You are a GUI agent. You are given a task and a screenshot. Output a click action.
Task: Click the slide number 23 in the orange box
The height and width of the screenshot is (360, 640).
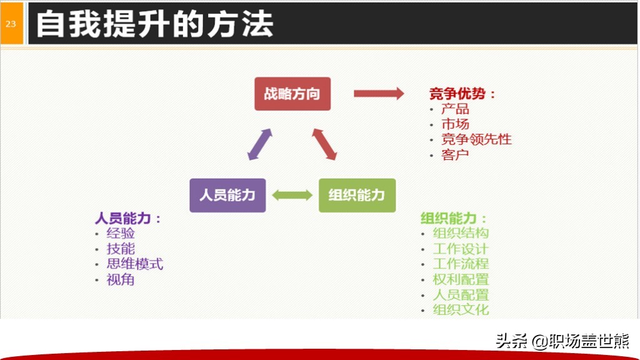click(11, 24)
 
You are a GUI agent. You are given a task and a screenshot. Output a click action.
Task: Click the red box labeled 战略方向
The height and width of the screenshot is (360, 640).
click(292, 94)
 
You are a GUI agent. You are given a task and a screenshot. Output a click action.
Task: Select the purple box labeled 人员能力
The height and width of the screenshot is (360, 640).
click(227, 195)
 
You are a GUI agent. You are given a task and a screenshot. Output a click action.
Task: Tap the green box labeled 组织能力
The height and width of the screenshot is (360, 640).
click(357, 195)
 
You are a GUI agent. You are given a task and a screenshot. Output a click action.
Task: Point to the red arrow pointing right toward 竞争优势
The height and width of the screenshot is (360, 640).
click(379, 94)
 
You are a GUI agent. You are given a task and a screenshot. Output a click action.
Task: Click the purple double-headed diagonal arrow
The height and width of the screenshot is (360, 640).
click(259, 144)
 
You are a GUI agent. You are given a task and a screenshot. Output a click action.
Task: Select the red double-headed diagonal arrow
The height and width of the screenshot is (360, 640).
click(324, 144)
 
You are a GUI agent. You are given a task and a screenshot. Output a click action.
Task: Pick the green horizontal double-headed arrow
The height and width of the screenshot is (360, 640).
click(292, 195)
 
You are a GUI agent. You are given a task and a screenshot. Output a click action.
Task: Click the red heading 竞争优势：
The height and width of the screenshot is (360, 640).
click(462, 94)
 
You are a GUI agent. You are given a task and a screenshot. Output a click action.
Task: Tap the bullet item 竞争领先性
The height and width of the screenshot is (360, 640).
click(476, 139)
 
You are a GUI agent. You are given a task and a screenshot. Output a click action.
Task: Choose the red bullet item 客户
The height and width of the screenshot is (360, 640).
click(455, 155)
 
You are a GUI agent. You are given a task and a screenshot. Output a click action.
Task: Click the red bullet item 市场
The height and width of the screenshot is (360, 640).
click(455, 124)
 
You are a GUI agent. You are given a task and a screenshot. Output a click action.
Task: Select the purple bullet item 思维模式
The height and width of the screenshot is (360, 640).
click(135, 264)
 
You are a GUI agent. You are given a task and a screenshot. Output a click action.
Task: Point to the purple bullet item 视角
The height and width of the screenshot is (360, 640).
click(121, 279)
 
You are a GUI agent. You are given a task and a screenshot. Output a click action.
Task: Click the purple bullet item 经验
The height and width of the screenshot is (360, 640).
click(121, 234)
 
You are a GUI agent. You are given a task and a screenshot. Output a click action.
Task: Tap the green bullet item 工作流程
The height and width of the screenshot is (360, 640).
click(461, 264)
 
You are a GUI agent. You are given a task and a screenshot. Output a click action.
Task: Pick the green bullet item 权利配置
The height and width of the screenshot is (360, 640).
click(461, 279)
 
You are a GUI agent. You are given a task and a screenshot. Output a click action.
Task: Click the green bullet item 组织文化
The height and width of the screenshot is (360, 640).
click(461, 310)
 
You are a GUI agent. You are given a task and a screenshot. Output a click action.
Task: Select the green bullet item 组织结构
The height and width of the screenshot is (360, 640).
click(461, 233)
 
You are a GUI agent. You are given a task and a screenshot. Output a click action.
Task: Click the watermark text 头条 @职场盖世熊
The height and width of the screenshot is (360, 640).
click(562, 341)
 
